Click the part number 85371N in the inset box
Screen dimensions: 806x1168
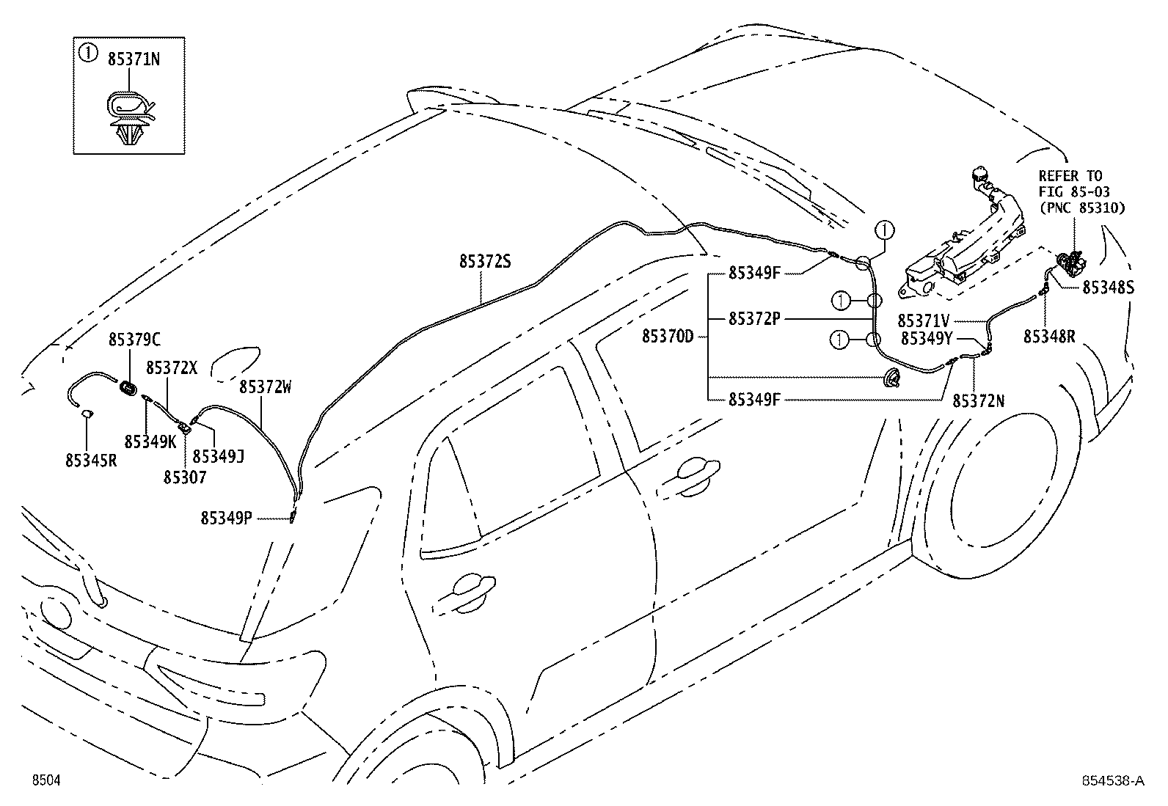pos(134,59)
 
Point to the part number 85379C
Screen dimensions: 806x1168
pos(134,340)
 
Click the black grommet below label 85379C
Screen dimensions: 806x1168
pos(129,387)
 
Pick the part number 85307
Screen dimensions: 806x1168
pos(185,477)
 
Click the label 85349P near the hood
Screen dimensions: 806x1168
pos(227,518)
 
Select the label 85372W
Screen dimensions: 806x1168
pos(265,386)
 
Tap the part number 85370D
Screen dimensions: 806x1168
pos(668,336)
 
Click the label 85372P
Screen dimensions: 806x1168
pos(754,319)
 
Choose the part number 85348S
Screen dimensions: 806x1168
pos(1108,288)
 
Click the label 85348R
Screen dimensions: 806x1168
pos(1049,336)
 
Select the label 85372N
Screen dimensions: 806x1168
pos(979,400)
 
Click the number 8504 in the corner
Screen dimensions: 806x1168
pos(45,780)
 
